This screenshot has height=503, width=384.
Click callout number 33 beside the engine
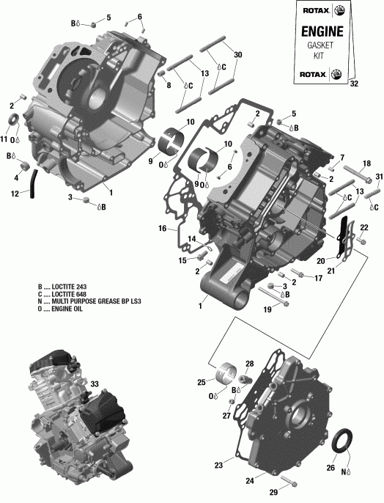[x=95, y=383]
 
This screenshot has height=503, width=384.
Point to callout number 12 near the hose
[x=15, y=194]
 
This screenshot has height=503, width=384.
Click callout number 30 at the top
[x=237, y=56]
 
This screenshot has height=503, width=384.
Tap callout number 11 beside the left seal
[x=4, y=140]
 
